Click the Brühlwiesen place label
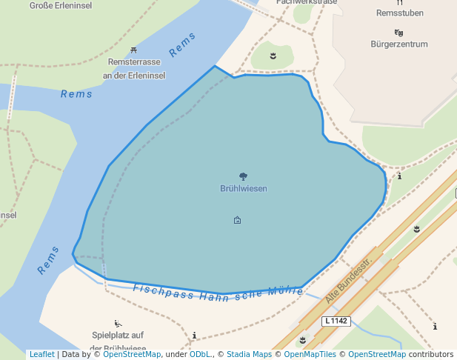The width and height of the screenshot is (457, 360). pos(243,189)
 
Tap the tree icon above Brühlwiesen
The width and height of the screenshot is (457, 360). pos(243,176)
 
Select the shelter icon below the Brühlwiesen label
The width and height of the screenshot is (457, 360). pos(237,220)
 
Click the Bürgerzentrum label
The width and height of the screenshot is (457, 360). pos(399,44)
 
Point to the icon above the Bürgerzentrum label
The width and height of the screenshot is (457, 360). pos(399,33)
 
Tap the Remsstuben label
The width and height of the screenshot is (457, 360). pos(399,13)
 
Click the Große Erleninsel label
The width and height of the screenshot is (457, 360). pos(61,5)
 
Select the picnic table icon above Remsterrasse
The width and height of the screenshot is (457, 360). pos(133,50)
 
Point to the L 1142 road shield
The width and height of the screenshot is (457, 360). pos(336,321)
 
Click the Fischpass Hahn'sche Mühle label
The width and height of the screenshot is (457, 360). pos(218,292)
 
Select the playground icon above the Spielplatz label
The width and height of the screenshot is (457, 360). pos(118,323)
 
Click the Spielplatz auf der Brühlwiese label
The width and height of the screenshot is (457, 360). pos(119,341)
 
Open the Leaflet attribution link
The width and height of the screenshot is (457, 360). pos(41,355)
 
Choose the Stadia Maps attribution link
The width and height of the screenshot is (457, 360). pos(249,355)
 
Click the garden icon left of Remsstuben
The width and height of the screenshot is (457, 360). pos(273,56)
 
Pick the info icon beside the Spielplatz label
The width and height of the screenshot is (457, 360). pos(194,336)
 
